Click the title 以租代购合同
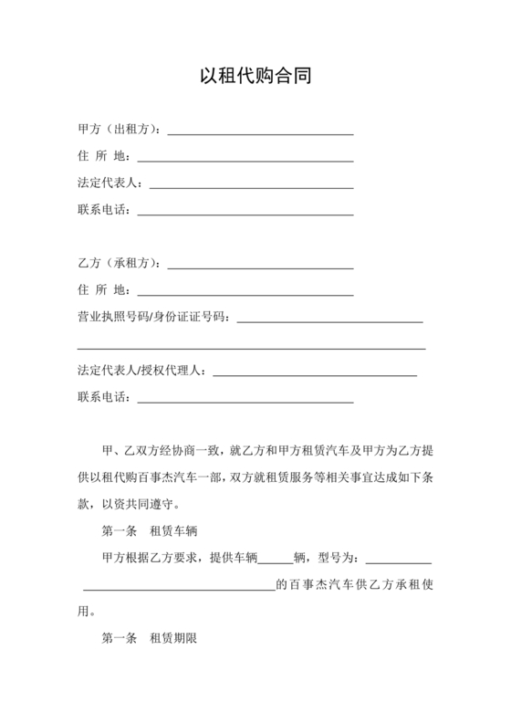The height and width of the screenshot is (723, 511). coord(255,77)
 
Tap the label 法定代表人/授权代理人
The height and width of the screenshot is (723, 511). coord(141,371)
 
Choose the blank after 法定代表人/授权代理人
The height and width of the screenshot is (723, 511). coord(314,372)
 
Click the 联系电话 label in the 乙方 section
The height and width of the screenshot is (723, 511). coord(101,397)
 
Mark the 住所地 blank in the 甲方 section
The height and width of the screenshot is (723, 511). coord(245,159)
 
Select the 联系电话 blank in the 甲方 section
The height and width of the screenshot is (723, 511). coord(245,212)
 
